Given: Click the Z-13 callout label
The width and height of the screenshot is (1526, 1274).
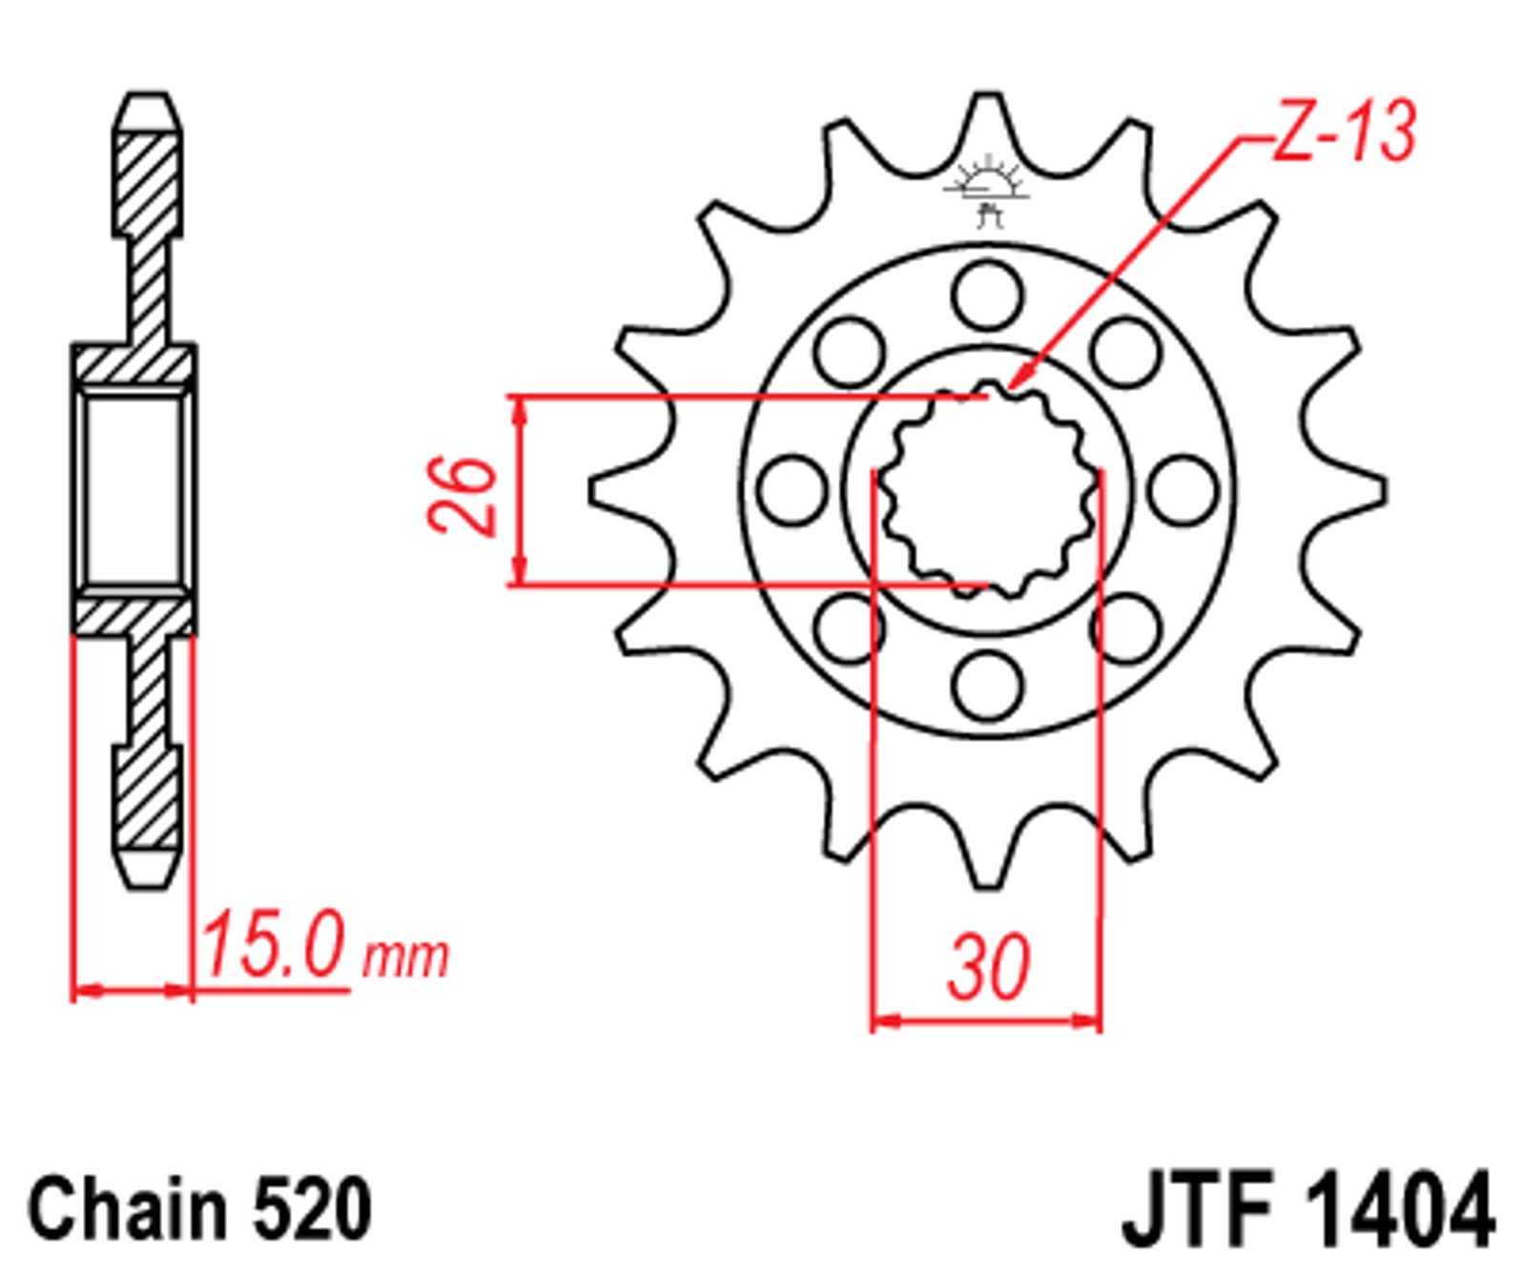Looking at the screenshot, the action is pos(1343,134).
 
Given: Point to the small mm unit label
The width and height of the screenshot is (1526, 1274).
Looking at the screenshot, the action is pos(404,956).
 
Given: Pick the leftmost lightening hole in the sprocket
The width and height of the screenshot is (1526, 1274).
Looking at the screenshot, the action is pos(794,489).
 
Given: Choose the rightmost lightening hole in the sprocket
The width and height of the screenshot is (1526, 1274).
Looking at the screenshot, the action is pos(1183,489).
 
